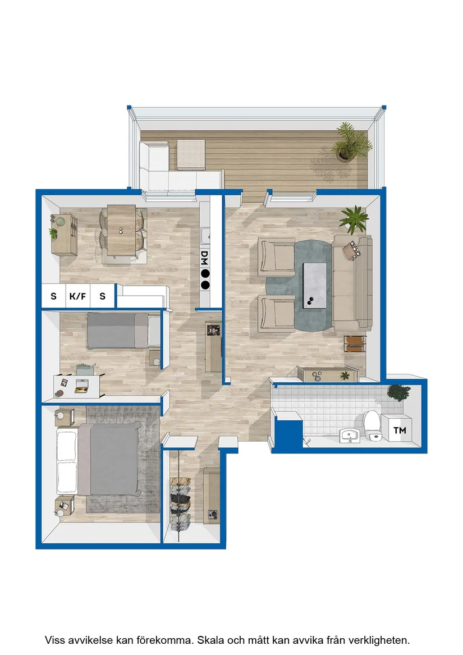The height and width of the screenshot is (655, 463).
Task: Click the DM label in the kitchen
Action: pos(204,258)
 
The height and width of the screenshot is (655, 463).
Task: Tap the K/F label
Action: pos(77,296)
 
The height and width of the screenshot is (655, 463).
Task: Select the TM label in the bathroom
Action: pos(400,430)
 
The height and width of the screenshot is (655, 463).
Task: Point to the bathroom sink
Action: pos(349,436)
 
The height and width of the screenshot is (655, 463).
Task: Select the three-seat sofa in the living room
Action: pos(352,283)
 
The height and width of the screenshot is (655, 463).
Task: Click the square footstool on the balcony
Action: pos(191,154)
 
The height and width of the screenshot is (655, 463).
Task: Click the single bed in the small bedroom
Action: pos(123,331)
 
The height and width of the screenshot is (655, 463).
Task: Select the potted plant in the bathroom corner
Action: pos(398,393)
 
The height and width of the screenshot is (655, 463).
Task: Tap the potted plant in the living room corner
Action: pos(354,219)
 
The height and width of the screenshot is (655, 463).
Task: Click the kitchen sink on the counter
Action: pos(205,236)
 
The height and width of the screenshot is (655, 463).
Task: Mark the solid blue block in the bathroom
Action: pos(289,434)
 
